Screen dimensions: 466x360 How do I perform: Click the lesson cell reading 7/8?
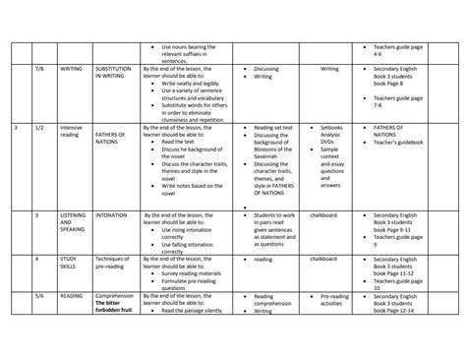[40, 70]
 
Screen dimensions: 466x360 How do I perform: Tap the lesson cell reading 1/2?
[40, 128]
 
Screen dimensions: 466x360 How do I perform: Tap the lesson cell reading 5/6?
[40, 295]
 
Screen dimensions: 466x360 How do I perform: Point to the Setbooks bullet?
[329, 128]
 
